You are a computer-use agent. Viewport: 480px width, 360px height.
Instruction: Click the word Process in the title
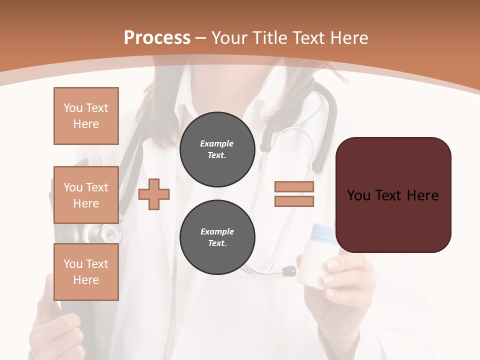(157, 38)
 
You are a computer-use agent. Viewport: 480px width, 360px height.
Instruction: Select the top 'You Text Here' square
(86, 116)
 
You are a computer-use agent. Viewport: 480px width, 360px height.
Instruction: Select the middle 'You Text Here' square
(86, 195)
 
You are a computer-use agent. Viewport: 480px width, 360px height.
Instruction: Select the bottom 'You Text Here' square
(86, 272)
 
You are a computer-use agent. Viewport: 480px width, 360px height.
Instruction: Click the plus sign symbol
(154, 194)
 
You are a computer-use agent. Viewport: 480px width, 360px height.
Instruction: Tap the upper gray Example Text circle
(217, 149)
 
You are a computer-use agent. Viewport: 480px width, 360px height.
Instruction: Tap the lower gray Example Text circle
(217, 237)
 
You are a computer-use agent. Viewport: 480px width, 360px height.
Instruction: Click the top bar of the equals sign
(294, 187)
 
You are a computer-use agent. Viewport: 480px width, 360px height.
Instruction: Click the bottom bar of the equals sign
(294, 201)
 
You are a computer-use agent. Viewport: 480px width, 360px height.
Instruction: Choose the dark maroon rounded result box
(393, 194)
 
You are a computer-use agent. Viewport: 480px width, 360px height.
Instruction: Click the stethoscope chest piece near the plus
(111, 233)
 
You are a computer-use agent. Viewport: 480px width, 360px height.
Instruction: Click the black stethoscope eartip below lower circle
(289, 271)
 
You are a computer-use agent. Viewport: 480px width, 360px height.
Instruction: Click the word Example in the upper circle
(217, 143)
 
